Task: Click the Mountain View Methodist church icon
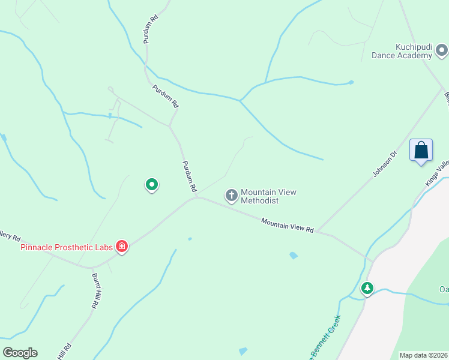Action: [x=231, y=195]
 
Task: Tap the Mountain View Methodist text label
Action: [x=268, y=196]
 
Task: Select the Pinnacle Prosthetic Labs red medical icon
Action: [x=122, y=246]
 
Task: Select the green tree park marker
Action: [x=367, y=288]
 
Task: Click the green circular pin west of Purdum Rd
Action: [x=152, y=185]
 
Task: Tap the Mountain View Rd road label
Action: [x=288, y=226]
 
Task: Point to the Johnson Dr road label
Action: [x=385, y=164]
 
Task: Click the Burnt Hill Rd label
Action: [x=94, y=291]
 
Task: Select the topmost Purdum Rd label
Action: [x=150, y=28]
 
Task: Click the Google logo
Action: [x=20, y=353]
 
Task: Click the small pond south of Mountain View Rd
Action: [x=293, y=256]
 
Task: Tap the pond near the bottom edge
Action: [x=243, y=351]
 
